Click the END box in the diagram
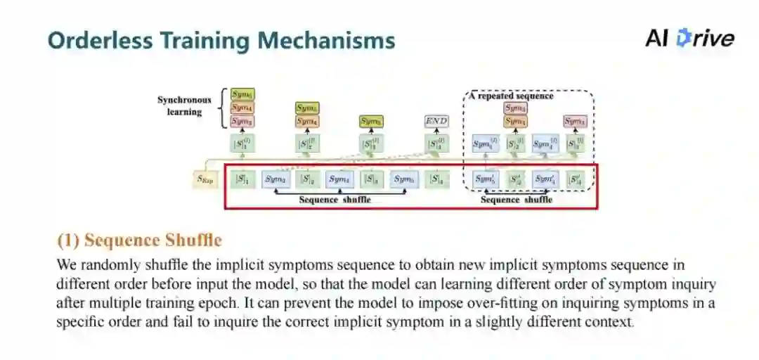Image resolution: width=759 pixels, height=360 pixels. pyautogui.click(x=436, y=121)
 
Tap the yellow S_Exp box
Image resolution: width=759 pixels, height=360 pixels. pyautogui.click(x=205, y=179)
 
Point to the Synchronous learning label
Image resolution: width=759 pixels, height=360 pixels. pyautogui.click(x=183, y=105)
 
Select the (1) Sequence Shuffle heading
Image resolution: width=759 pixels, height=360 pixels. pyautogui.click(x=139, y=240)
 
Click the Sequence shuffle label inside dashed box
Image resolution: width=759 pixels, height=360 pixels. pyautogui.click(x=516, y=200)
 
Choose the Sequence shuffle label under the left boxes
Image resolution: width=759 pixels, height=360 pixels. pyautogui.click(x=335, y=199)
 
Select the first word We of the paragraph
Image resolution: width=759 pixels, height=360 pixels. pyautogui.click(x=66, y=266)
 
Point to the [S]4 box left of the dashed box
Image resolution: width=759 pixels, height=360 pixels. pyautogui.click(x=436, y=179)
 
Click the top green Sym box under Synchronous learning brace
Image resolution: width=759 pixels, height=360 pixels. pyautogui.click(x=242, y=94)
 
